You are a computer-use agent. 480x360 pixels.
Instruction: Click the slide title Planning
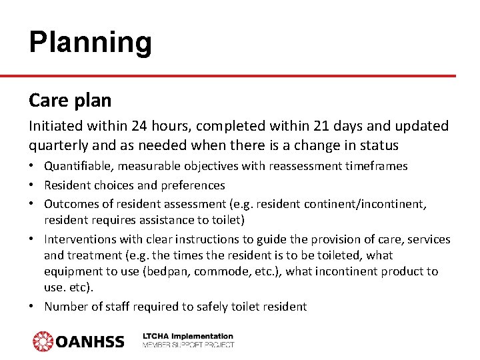(x=91, y=43)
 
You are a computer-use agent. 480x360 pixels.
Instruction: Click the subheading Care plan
(x=70, y=101)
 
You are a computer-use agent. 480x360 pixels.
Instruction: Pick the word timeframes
(x=374, y=166)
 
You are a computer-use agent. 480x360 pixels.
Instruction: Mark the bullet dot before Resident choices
(x=33, y=185)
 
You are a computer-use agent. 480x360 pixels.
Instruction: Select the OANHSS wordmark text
(x=90, y=342)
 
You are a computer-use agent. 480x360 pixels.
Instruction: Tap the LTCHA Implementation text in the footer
(x=188, y=337)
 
